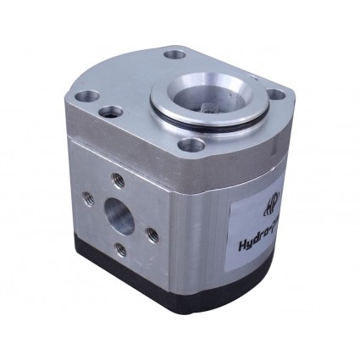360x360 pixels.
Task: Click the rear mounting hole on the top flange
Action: coord(175,55)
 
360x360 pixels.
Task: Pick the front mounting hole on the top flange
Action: coord(193,146)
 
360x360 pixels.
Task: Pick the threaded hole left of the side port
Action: coord(85,201)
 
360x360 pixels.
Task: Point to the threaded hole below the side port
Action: coord(119,250)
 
